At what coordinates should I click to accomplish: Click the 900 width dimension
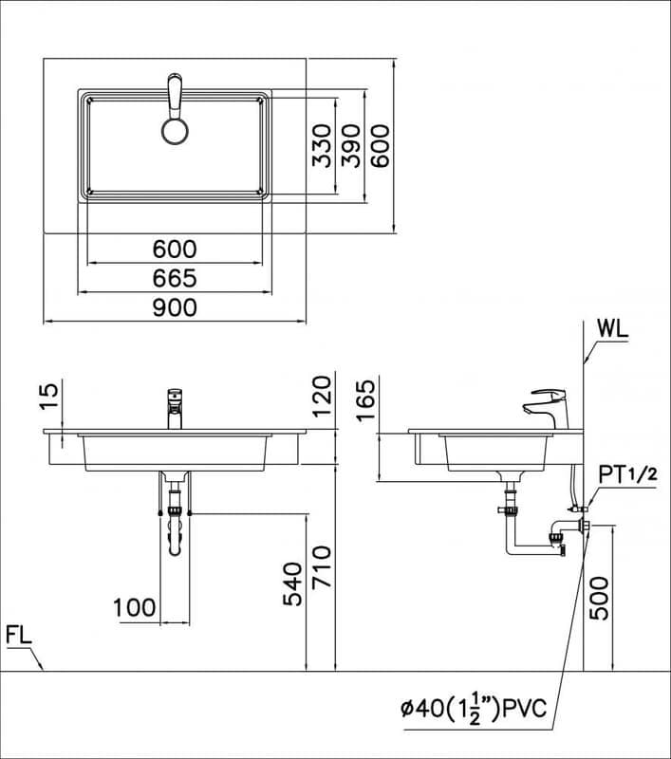coord(175,307)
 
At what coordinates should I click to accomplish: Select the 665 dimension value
coord(175,278)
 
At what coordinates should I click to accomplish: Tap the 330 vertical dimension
coord(322,146)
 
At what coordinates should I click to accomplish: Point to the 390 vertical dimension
coord(350,146)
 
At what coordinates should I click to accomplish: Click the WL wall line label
coord(613,329)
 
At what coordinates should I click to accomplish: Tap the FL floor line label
coord(19,635)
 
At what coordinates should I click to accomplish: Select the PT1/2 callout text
coord(628,475)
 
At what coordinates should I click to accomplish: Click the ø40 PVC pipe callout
coord(474,709)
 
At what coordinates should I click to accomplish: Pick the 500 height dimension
coord(600,598)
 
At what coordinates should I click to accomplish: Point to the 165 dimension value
coord(366,400)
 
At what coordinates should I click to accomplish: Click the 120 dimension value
coord(322,397)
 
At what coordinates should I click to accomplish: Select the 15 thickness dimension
coord(50,397)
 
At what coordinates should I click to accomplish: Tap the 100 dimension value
coord(135,607)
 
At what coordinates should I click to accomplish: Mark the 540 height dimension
coord(293,583)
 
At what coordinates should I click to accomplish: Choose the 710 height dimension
coord(322,566)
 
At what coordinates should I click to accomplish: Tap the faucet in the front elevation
coord(175,409)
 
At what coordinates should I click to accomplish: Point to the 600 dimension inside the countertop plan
coord(175,250)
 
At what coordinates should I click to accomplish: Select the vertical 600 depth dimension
coord(381,146)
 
